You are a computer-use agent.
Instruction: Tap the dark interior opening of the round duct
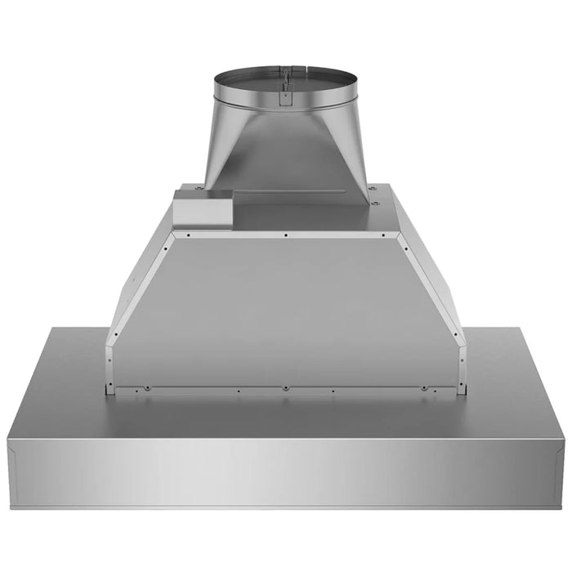point(285,81)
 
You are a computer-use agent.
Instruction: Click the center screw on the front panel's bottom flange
point(285,387)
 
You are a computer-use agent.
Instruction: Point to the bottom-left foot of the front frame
point(109,390)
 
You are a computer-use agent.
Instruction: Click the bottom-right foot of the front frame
point(463,390)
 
